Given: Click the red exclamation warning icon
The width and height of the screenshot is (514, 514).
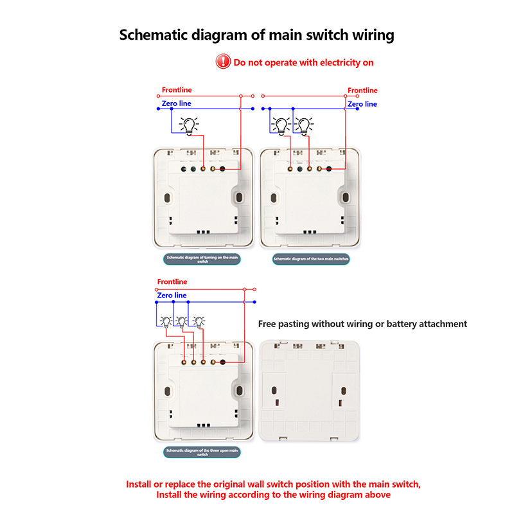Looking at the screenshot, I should point(223,62).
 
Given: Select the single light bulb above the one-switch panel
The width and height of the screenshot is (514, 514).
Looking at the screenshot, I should point(189,126).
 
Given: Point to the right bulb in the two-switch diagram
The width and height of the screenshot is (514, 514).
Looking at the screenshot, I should point(305,125).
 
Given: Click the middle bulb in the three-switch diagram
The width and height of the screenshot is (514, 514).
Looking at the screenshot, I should point(182,322).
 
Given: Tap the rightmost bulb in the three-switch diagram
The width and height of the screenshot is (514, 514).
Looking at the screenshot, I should point(199,321).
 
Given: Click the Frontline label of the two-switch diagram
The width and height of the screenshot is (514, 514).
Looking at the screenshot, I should point(362,91).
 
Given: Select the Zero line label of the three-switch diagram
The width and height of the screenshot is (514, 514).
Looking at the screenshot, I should point(172,296).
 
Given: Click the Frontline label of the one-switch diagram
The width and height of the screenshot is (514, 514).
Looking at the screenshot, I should point(177,90).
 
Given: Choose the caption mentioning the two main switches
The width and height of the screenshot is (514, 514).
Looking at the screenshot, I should point(311,260).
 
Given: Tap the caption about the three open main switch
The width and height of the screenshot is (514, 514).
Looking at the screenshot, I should point(202,452).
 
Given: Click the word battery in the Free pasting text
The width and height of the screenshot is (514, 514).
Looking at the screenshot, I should point(397,324).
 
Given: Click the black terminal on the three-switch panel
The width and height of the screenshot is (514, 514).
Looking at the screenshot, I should point(222,362).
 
